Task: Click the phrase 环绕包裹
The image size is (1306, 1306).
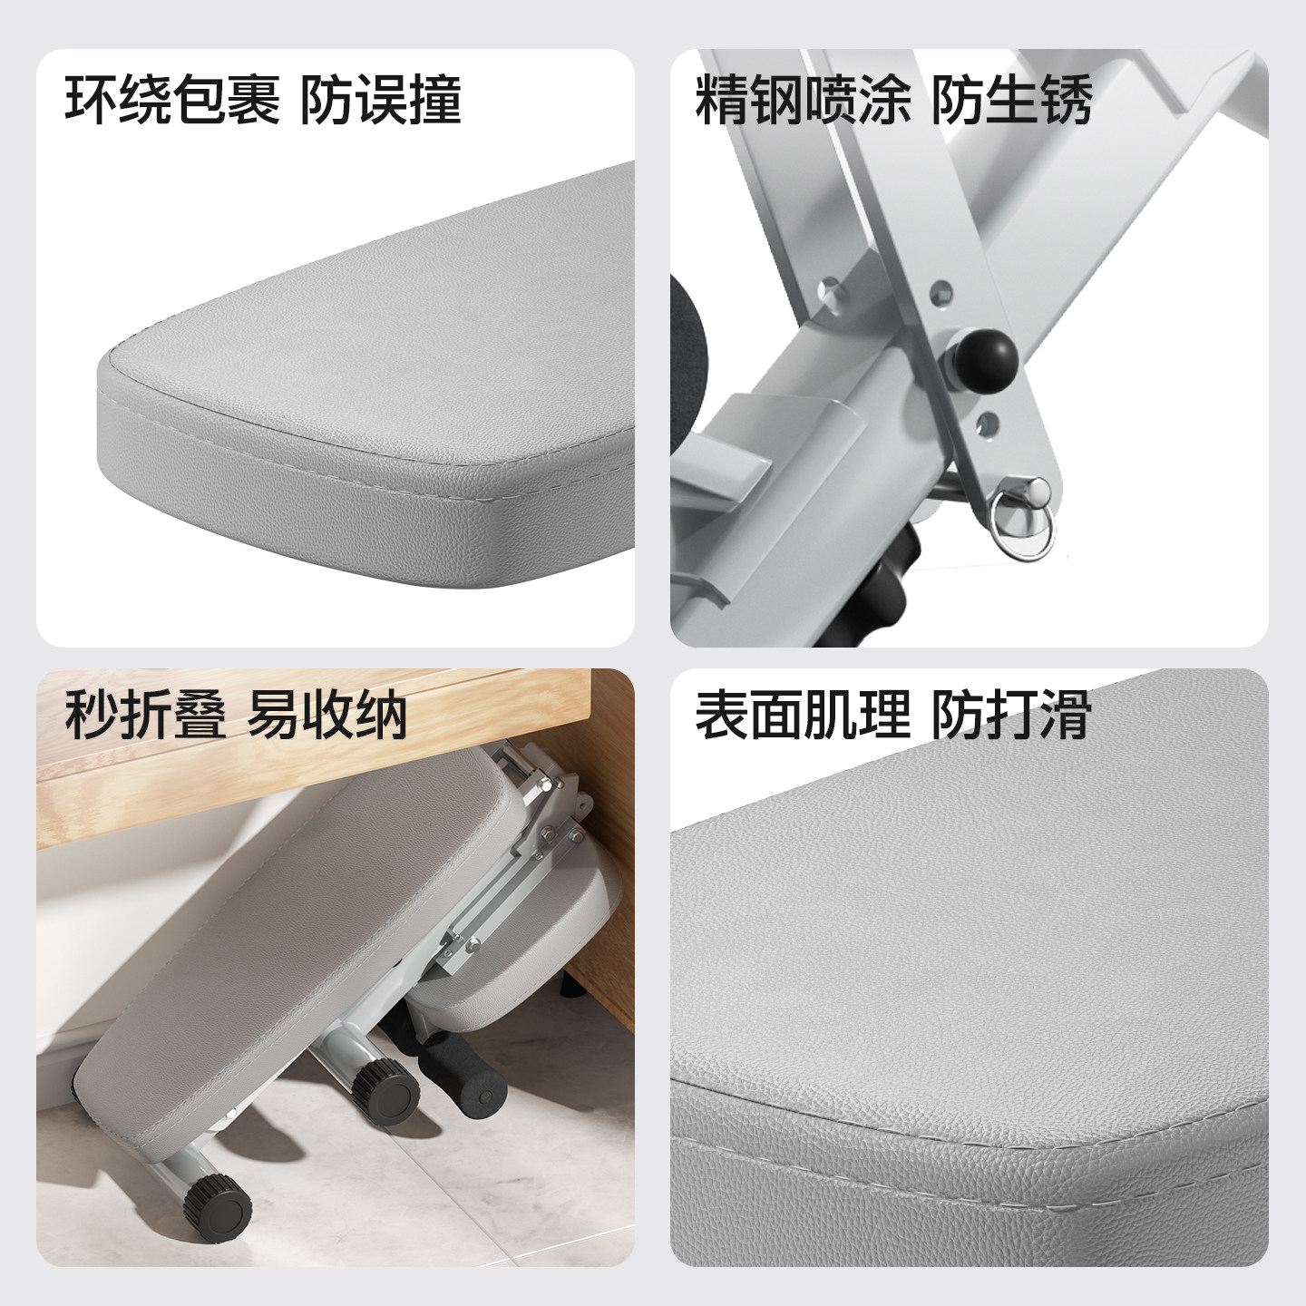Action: [172, 100]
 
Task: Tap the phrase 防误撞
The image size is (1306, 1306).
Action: [381, 100]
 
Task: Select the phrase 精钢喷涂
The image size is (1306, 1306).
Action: [804, 100]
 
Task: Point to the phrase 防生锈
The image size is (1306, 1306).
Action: [1012, 100]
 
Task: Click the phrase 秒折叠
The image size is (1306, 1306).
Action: [145, 716]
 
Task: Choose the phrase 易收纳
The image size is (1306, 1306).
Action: [326, 716]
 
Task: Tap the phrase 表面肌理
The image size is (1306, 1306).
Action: [804, 715]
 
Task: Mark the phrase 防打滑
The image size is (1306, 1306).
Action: [1012, 715]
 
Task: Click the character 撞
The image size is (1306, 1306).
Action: [435, 100]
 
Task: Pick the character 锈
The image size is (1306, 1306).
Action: [1066, 100]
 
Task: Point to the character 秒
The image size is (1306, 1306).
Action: [92, 716]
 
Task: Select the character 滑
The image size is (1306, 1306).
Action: [1066, 715]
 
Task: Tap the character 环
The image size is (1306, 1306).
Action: [92, 100]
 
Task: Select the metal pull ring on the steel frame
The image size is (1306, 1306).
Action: [1023, 521]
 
